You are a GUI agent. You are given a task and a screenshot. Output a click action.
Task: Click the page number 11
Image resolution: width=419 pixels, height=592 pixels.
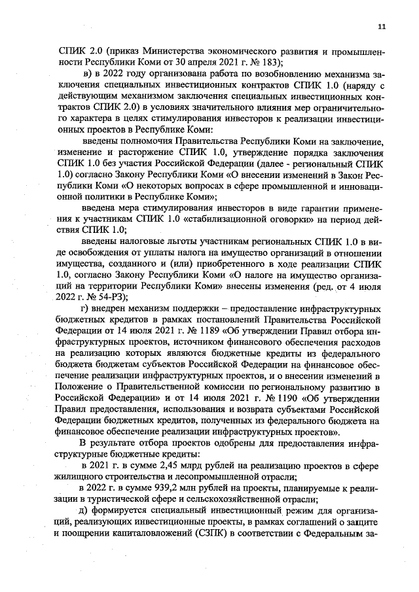382,27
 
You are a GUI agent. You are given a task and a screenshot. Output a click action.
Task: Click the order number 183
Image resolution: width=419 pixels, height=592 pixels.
272,62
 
